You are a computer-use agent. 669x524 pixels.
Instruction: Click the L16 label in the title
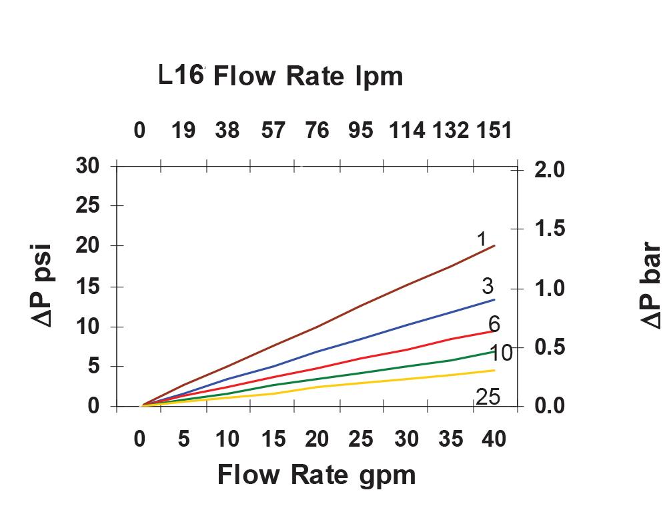(181, 75)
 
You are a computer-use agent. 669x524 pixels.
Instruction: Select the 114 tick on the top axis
(406, 130)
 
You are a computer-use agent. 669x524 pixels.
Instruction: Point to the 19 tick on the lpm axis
(183, 130)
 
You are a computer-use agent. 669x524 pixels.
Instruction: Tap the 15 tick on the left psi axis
(87, 287)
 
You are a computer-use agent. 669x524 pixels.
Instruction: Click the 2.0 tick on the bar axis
(549, 170)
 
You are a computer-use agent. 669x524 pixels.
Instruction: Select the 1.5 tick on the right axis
(549, 229)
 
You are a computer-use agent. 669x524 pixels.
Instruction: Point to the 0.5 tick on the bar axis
(549, 347)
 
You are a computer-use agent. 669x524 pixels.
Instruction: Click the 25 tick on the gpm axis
(361, 439)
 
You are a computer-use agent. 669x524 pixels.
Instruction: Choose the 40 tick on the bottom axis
(493, 439)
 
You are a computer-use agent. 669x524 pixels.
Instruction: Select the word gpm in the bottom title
(386, 475)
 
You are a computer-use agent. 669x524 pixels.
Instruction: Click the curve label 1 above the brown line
(482, 238)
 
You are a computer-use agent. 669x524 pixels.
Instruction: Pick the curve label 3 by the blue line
(488, 286)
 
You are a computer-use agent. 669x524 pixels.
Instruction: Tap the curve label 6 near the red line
(494, 324)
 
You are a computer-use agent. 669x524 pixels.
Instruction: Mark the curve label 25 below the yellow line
(487, 397)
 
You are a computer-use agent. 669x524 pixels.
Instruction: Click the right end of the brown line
(494, 246)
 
